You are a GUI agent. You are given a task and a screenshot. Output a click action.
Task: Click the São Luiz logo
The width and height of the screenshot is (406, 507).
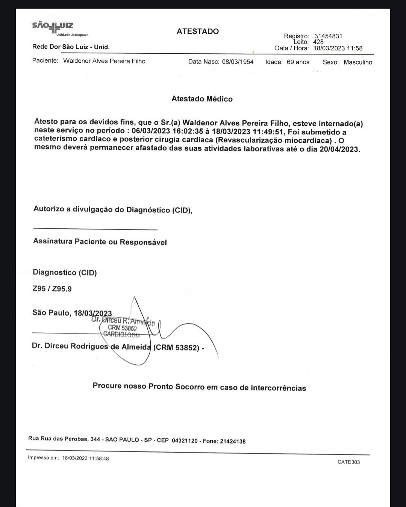pos(53,29)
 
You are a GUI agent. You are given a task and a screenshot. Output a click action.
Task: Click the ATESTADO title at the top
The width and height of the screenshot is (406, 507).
pos(198,32)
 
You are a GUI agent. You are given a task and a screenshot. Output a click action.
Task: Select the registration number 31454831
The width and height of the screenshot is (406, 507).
pos(328,36)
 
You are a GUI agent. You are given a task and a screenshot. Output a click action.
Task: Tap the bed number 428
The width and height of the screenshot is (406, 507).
pos(318,42)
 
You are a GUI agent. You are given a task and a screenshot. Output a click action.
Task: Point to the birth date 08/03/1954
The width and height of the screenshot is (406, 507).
pos(238,62)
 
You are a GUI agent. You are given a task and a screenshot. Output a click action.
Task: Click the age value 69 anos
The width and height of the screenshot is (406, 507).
pos(298,62)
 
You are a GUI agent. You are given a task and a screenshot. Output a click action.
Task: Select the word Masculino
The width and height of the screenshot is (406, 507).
pos(358,62)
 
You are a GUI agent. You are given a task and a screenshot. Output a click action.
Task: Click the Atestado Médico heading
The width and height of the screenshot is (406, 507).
pos(202,99)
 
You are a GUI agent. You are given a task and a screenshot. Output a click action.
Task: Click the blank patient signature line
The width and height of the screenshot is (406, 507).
pos(95,229)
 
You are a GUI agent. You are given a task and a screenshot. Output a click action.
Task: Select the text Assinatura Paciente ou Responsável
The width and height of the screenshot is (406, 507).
pos(100,242)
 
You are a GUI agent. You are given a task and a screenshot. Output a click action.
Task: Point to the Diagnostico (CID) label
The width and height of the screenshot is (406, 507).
pos(65,273)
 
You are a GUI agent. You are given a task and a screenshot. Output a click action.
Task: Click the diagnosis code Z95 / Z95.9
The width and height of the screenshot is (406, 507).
pos(52,289)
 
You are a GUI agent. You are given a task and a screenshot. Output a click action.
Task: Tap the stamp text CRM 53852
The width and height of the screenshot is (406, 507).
pos(122,327)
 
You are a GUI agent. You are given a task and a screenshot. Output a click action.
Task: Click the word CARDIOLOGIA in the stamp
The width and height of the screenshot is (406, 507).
pos(121,334)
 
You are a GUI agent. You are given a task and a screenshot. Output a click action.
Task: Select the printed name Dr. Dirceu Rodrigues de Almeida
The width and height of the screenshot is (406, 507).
pos(91,346)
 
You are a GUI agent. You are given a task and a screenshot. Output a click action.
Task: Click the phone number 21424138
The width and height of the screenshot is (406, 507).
pos(232,441)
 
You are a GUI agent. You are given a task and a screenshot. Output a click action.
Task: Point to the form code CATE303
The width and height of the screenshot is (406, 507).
pos(348,462)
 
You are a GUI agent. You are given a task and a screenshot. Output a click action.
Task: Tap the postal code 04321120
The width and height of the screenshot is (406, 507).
pos(185,441)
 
